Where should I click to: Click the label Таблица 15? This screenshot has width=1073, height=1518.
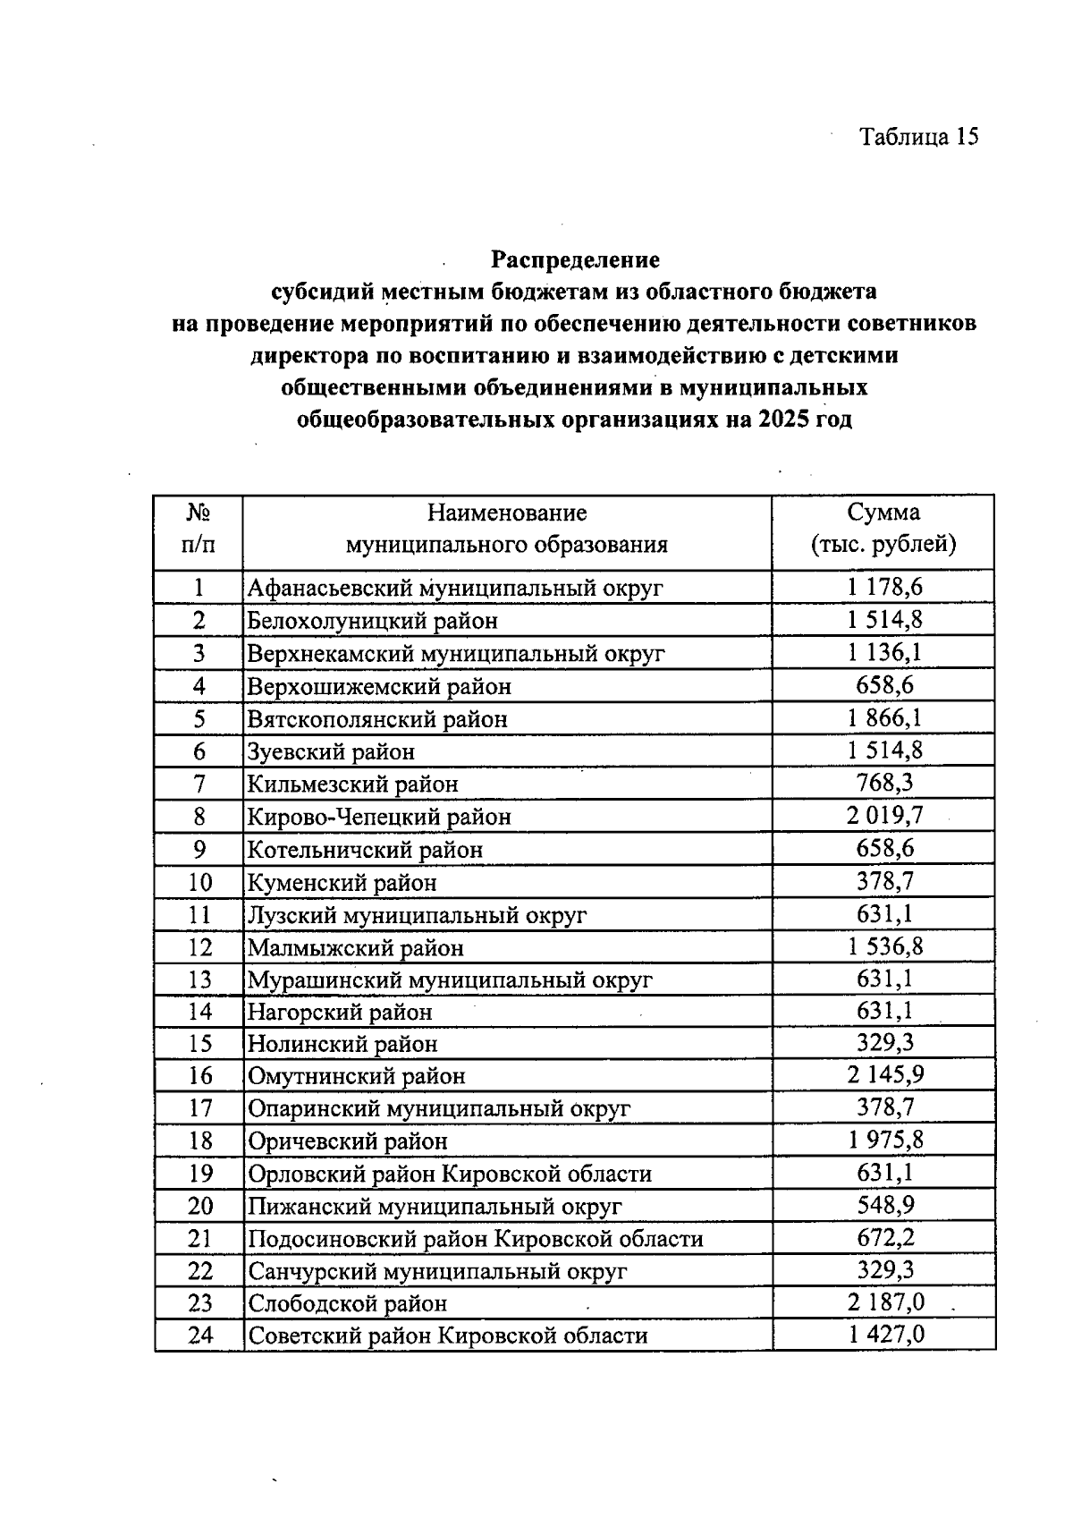pyautogui.click(x=918, y=136)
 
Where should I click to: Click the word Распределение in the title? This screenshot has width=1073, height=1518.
pyautogui.click(x=575, y=259)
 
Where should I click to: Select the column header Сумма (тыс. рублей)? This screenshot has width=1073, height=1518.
pyautogui.click(x=883, y=529)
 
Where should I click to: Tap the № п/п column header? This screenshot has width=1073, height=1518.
pyautogui.click(x=199, y=529)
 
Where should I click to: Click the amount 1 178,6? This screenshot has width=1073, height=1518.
pyautogui.click(x=884, y=587)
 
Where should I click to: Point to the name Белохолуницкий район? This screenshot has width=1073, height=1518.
pyautogui.click(x=372, y=621)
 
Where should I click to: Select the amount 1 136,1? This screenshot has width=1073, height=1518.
pyautogui.click(x=884, y=652)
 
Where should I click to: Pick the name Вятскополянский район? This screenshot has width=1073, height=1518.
pyautogui.click(x=377, y=719)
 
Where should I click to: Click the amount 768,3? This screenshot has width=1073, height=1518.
pyautogui.click(x=884, y=783)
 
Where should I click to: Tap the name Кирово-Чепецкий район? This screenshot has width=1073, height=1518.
pyautogui.click(x=379, y=817)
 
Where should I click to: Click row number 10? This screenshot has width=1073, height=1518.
pyautogui.click(x=199, y=882)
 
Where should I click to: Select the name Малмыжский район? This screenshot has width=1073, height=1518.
pyautogui.click(x=356, y=947)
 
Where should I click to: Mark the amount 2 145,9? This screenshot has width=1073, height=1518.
pyautogui.click(x=884, y=1075)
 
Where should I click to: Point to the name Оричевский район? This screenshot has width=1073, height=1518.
pyautogui.click(x=348, y=1141)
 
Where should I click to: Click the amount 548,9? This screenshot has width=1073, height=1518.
pyautogui.click(x=884, y=1205)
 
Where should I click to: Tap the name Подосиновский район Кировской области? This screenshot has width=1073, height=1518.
pyautogui.click(x=476, y=1239)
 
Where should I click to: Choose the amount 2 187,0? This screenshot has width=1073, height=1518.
pyautogui.click(x=884, y=1302)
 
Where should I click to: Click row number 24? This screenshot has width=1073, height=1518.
pyautogui.click(x=199, y=1336)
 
